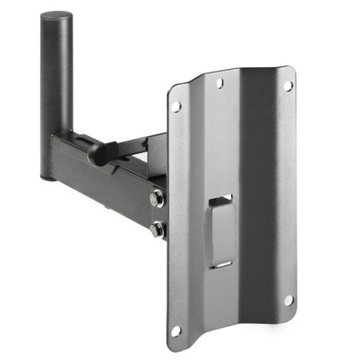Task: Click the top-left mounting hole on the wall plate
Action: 176,107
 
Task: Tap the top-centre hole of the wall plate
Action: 220,82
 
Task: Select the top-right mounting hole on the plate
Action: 288,86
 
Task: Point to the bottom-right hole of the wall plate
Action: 288,300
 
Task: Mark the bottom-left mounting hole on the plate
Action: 176,330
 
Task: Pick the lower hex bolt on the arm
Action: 159,229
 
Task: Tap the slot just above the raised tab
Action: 220,199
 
